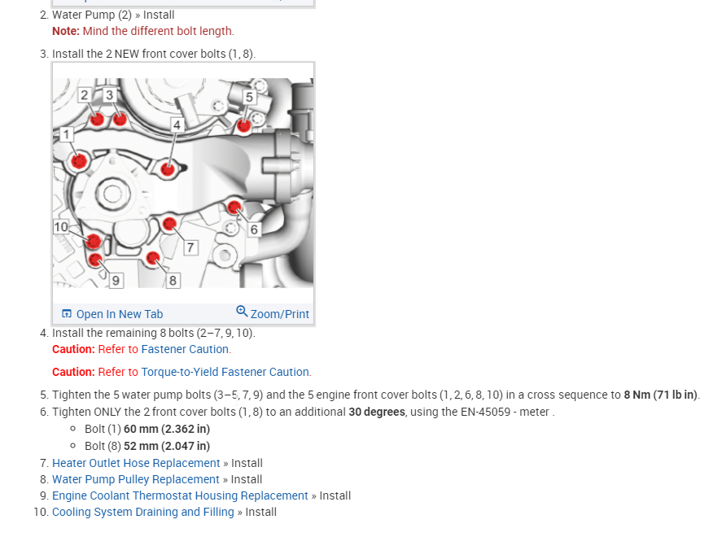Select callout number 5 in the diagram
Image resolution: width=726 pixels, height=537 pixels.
click(250, 97)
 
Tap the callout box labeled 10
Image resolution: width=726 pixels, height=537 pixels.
click(61, 227)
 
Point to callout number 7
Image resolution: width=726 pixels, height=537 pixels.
click(190, 247)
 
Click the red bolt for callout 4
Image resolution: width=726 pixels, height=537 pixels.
click(168, 169)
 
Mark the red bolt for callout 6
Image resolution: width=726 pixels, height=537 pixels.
click(234, 207)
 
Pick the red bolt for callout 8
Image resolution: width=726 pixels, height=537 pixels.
click(151, 259)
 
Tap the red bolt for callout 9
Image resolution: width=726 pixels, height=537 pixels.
click(94, 260)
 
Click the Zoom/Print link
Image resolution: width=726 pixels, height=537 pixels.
click(273, 313)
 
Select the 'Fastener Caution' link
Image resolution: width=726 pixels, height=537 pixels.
click(186, 349)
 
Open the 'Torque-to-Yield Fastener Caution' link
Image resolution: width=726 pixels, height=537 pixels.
click(225, 372)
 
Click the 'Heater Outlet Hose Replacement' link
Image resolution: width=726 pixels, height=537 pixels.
click(136, 463)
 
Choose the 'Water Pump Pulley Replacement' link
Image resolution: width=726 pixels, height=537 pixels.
click(136, 479)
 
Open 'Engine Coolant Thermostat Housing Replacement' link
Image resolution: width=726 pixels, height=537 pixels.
click(180, 496)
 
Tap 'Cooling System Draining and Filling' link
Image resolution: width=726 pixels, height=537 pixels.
click(143, 512)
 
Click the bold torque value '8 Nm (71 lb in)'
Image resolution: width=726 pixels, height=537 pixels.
click(661, 395)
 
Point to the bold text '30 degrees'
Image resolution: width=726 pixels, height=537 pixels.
click(377, 412)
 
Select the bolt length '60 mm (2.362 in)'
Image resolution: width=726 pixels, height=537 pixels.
click(167, 429)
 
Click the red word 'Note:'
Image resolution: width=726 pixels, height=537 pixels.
click(66, 31)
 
